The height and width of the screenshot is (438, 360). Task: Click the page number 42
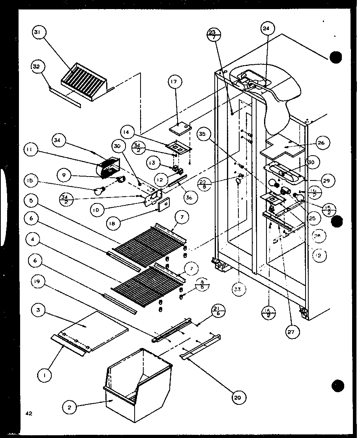[27, 414]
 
